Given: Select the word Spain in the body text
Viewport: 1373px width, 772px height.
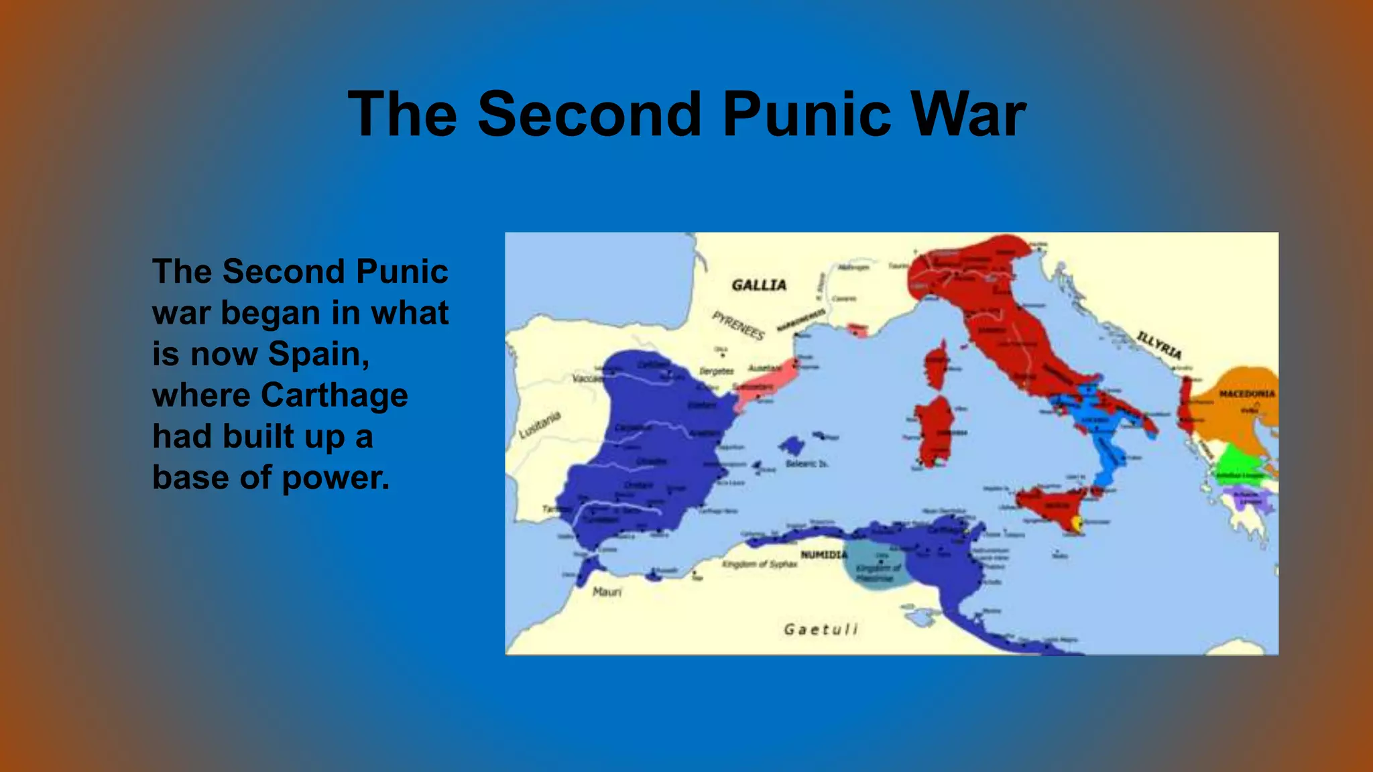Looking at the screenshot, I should pyautogui.click(x=318, y=354).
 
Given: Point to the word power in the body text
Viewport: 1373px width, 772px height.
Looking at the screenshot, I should pyautogui.click(x=335, y=478).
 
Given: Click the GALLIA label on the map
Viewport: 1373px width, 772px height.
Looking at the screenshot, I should pyautogui.click(x=759, y=285).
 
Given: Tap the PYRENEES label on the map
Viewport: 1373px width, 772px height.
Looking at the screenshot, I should pyautogui.click(x=738, y=325).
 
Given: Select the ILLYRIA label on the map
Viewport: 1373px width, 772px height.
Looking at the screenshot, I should pyautogui.click(x=1159, y=344).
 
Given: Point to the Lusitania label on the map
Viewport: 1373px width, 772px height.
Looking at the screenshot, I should pyautogui.click(x=540, y=425).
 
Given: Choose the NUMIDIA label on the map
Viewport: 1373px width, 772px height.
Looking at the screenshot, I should pyautogui.click(x=824, y=555).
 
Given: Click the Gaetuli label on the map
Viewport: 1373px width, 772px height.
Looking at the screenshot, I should pyautogui.click(x=821, y=629).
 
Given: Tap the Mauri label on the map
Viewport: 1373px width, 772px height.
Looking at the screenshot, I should pyautogui.click(x=607, y=592).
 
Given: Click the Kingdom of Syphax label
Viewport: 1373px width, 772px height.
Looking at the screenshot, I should pyautogui.click(x=760, y=564).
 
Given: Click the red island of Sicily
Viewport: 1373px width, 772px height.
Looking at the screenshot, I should pyautogui.click(x=1049, y=505).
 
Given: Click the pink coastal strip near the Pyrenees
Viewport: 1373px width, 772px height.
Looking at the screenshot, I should pyautogui.click(x=764, y=387).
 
